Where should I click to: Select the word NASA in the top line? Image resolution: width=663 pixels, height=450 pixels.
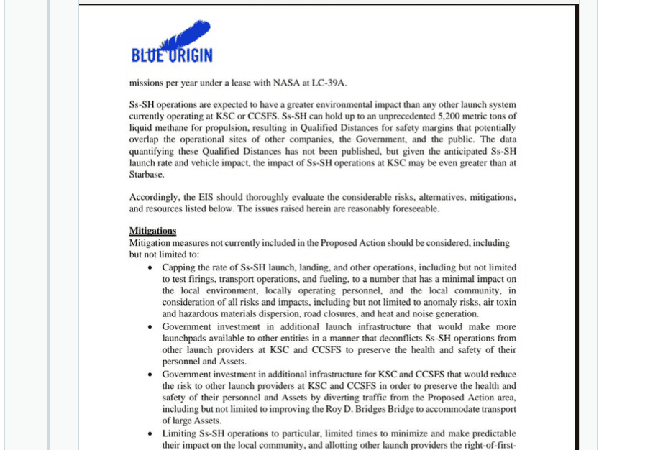296,82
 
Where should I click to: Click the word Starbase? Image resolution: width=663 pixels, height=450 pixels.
147,174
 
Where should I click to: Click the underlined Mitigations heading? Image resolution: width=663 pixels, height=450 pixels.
152,231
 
